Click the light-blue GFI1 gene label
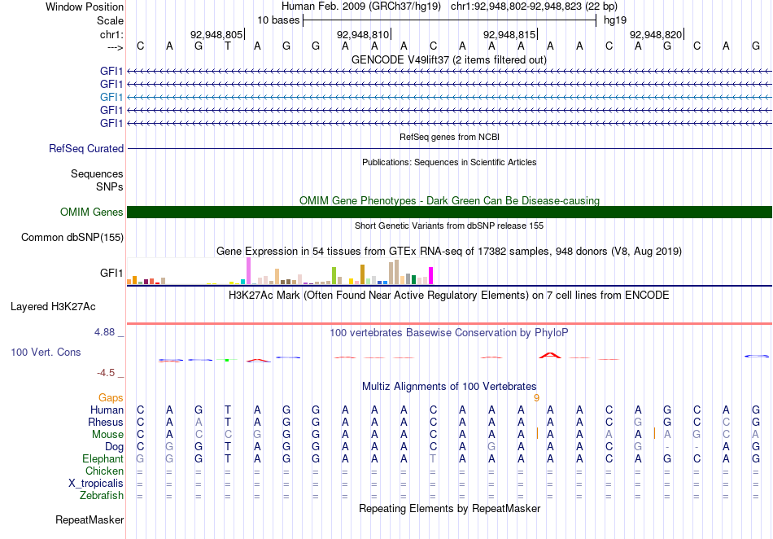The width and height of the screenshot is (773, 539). pyautogui.click(x=111, y=97)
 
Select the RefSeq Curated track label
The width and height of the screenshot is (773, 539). pyautogui.click(x=86, y=148)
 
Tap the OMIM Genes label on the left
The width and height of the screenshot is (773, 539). pyautogui.click(x=92, y=212)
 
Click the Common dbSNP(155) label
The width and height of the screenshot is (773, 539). pyautogui.click(x=72, y=237)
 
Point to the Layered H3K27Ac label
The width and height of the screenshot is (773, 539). pyautogui.click(x=53, y=307)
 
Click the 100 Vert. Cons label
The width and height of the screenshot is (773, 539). pyautogui.click(x=46, y=352)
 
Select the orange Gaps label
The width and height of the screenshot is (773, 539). pyautogui.click(x=111, y=397)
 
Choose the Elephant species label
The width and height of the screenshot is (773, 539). pyautogui.click(x=103, y=459)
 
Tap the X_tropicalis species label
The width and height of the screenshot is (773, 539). pyautogui.click(x=96, y=484)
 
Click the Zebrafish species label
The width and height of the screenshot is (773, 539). pyautogui.click(x=102, y=496)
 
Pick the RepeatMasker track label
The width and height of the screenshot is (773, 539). pyautogui.click(x=90, y=519)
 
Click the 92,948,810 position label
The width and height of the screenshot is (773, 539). pyautogui.click(x=364, y=34)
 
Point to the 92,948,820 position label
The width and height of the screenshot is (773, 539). pyautogui.click(x=656, y=34)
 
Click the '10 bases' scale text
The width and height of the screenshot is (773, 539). pyautogui.click(x=278, y=20)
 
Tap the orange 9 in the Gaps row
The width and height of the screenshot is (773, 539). pyautogui.click(x=536, y=398)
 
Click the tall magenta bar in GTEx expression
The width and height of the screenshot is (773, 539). pyautogui.click(x=431, y=276)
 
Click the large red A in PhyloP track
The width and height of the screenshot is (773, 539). pyautogui.click(x=550, y=355)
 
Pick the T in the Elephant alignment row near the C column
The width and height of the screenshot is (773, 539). pyautogui.click(x=433, y=459)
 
